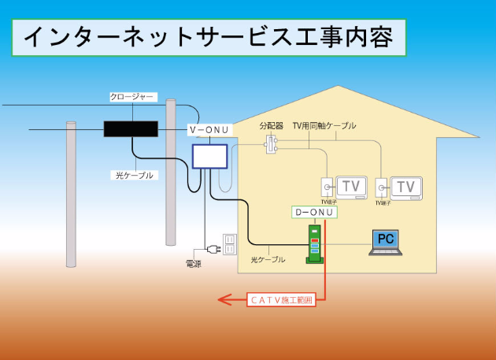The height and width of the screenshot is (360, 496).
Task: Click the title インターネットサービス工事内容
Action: tap(209, 37)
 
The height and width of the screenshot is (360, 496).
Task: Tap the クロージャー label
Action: tap(132, 97)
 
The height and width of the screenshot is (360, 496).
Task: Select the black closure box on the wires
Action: tap(131, 128)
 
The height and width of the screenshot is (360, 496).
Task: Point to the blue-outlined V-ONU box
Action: tap(209, 155)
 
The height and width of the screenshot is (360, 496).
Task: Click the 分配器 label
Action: tap(272, 126)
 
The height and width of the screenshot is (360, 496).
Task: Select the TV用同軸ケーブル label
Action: tap(324, 126)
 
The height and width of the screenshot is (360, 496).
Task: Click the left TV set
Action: tap(351, 187)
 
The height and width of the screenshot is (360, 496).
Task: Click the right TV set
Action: tap(405, 187)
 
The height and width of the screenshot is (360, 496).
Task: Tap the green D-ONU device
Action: tap(314, 244)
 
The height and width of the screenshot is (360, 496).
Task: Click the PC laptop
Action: tap(386, 242)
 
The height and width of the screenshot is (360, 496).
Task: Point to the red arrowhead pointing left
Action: tap(224, 299)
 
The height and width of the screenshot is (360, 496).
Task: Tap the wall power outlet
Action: tap(229, 244)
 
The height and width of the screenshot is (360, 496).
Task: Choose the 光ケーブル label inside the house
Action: tap(268, 259)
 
